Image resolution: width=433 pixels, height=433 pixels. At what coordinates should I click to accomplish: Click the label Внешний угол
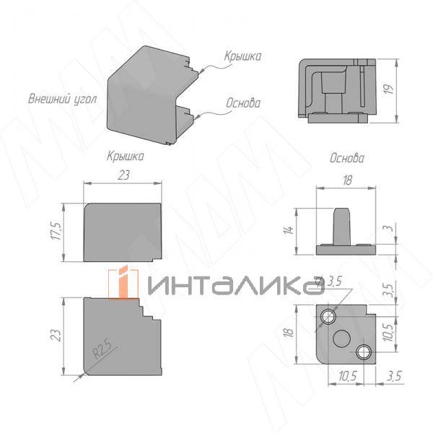61,99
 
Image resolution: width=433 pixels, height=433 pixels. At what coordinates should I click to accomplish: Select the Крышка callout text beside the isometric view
242,56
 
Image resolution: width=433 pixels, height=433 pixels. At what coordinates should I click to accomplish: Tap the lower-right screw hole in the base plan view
364,351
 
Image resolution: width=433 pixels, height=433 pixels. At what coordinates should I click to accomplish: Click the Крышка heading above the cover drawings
125,155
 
